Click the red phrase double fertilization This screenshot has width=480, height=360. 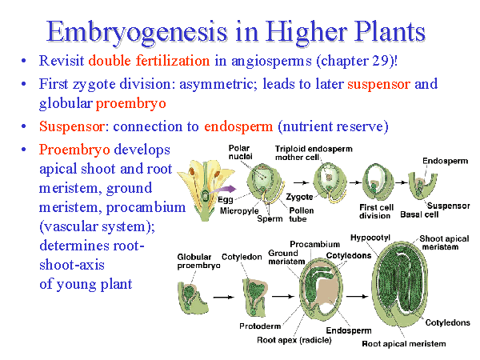(x=149, y=60)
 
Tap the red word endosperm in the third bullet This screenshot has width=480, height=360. (x=238, y=126)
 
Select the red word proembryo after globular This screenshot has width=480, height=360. (x=131, y=103)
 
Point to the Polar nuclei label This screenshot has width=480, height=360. (x=240, y=152)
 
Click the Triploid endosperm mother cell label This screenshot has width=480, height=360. (x=314, y=153)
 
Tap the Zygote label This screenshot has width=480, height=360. (x=299, y=197)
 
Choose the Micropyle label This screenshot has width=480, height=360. (x=239, y=211)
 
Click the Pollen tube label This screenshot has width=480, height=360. (x=302, y=214)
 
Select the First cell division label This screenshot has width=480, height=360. (x=376, y=211)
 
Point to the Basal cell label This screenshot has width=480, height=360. (x=419, y=214)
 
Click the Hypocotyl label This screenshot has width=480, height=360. (x=370, y=238)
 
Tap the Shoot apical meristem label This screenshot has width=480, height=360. (x=444, y=242)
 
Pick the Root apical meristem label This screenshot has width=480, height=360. (x=404, y=344)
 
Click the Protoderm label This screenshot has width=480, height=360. (x=260, y=326)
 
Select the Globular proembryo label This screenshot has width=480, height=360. (x=198, y=261)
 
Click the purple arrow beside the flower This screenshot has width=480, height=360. (x=223, y=190)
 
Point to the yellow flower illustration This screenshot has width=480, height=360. (x=205, y=189)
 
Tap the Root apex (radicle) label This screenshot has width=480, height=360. (x=294, y=340)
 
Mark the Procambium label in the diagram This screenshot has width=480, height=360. (x=314, y=244)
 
